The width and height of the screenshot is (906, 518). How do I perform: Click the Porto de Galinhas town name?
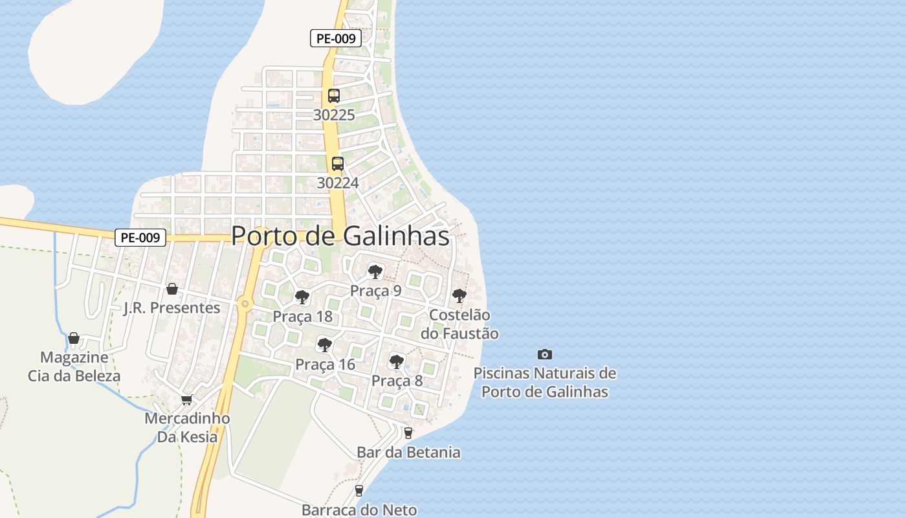coord(340,236)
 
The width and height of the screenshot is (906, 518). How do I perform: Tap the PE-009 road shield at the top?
coord(335,38)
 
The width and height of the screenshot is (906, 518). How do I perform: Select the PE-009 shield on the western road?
coord(140,238)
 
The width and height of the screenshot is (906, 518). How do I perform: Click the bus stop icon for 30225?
coord(334,96)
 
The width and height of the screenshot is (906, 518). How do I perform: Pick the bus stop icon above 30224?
coord(338,164)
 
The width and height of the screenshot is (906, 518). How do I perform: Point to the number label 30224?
coord(338,183)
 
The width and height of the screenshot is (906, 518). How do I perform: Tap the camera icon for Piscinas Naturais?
coord(545,354)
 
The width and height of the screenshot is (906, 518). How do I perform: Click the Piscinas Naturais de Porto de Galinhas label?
coord(545,382)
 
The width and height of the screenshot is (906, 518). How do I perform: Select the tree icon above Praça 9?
coord(375,271)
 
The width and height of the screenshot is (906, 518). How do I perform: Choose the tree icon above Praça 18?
coord(302,297)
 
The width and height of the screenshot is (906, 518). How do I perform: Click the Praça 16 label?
coord(326,365)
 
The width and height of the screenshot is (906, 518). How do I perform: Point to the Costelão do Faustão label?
coord(459,324)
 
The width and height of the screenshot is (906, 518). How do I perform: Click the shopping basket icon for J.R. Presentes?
coord(172,289)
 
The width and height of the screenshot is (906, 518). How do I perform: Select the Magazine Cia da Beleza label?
coord(74,366)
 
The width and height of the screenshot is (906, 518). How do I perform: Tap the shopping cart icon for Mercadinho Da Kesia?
coord(187,400)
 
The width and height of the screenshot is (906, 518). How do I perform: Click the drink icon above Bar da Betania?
coord(408,433)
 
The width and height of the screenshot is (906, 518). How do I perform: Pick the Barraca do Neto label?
coord(359,510)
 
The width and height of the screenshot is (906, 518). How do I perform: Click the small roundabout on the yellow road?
coord(245,303)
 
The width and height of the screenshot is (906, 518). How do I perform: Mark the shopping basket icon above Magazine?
coord(74,338)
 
